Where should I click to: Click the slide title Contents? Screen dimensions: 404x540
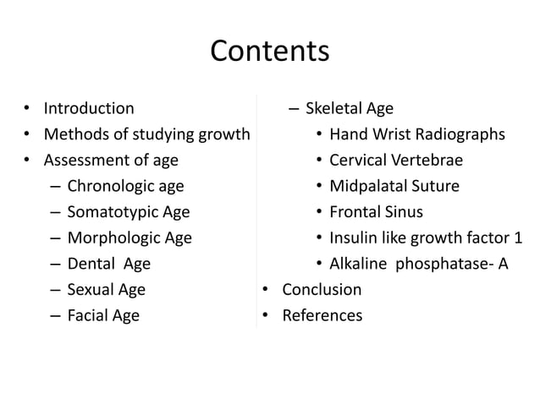(x=269, y=52)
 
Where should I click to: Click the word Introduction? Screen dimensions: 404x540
(x=88, y=108)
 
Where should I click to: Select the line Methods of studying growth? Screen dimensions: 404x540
(x=146, y=134)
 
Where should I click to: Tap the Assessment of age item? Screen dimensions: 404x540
(x=111, y=160)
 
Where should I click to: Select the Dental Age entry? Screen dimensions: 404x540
(x=108, y=264)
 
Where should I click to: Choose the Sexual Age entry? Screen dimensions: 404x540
(x=106, y=290)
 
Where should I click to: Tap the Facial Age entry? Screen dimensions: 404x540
(x=103, y=316)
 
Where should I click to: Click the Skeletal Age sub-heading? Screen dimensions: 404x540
(x=349, y=108)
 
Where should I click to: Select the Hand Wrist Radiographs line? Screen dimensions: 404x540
(x=417, y=134)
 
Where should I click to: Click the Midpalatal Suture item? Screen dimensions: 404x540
(x=396, y=186)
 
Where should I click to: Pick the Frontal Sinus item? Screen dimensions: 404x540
(x=376, y=212)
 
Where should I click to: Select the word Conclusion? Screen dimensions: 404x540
(x=322, y=290)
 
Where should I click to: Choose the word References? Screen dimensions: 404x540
(x=322, y=316)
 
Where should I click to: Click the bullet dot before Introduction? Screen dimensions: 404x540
(x=27, y=109)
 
